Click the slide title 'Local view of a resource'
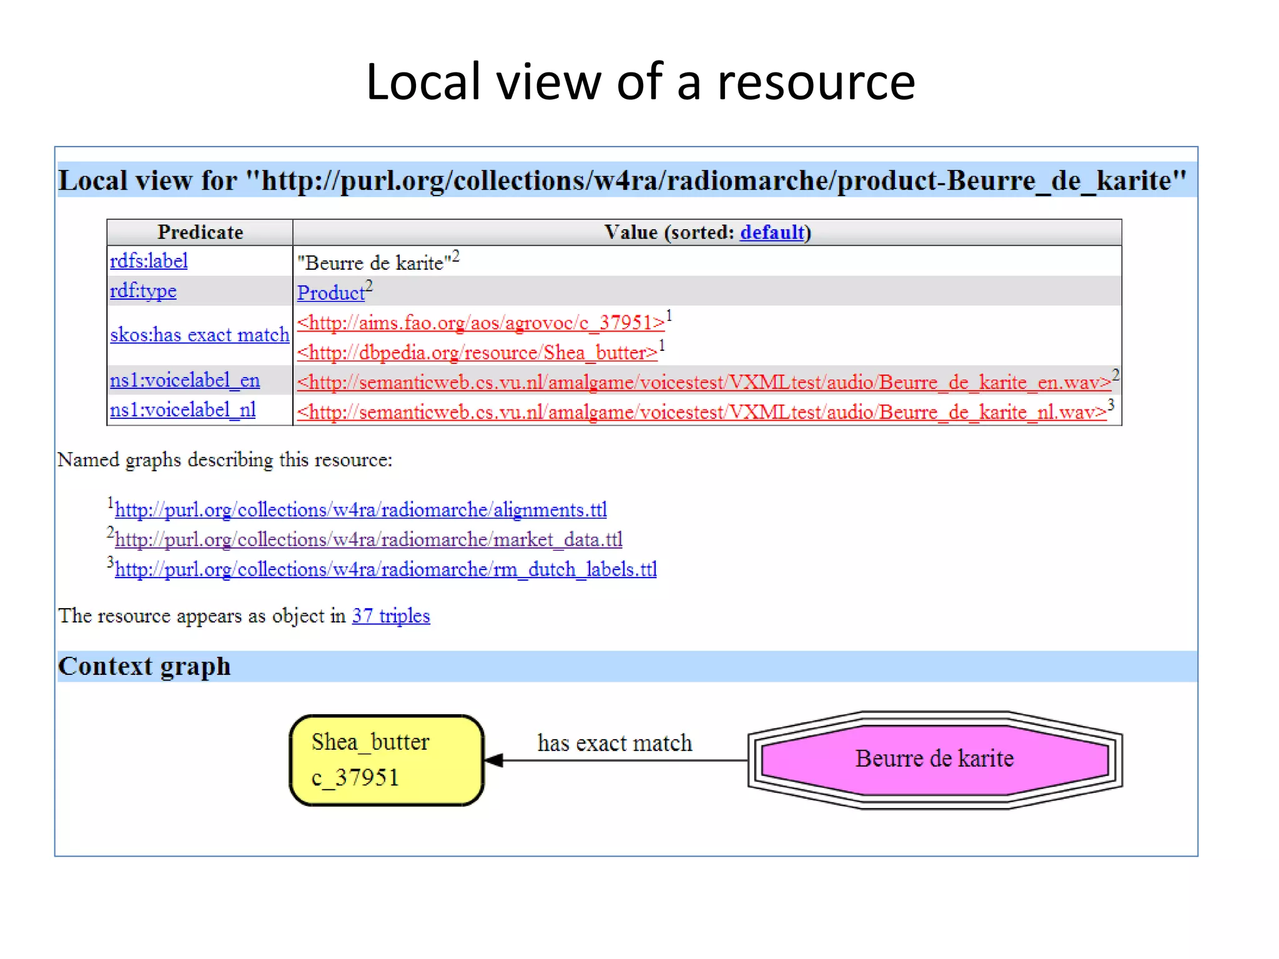pyautogui.click(x=640, y=82)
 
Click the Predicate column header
pyautogui.click(x=200, y=232)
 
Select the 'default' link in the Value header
pyautogui.click(x=772, y=232)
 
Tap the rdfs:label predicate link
pyautogui.click(x=149, y=261)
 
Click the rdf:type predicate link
pyautogui.click(x=143, y=291)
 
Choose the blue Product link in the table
pyautogui.click(x=330, y=293)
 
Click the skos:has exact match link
pyautogui.click(x=200, y=335)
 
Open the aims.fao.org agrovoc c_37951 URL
pyautogui.click(x=481, y=323)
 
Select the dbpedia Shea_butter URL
pyautogui.click(x=477, y=353)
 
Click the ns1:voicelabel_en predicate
pyautogui.click(x=185, y=380)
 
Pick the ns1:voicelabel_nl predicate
pyautogui.click(x=183, y=410)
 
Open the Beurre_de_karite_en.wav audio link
pyautogui.click(x=704, y=382)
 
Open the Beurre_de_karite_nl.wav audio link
pyautogui.click(x=701, y=412)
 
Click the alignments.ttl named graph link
pyautogui.click(x=361, y=510)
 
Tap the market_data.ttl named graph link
pyautogui.click(x=368, y=539)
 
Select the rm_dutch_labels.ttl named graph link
pyautogui.click(x=386, y=569)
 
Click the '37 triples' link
pyautogui.click(x=391, y=616)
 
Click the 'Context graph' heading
pyautogui.click(x=144, y=666)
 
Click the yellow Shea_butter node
pyautogui.click(x=387, y=760)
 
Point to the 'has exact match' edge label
pyautogui.click(x=615, y=743)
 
